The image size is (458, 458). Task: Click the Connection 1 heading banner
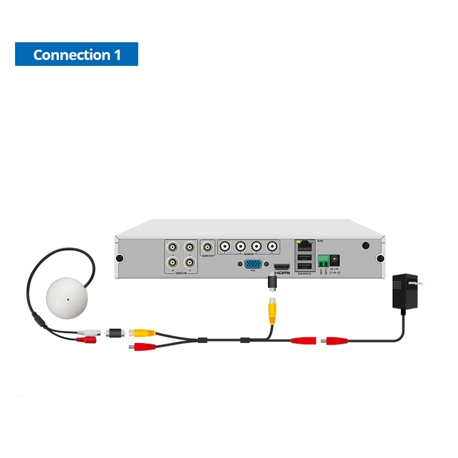tap(76, 54)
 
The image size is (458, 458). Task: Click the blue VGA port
tap(253, 264)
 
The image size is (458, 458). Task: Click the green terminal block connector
tap(324, 261)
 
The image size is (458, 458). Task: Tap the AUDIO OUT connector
tap(207, 247)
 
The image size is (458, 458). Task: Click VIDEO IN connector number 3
tap(172, 248)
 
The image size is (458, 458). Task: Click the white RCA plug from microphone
tap(90, 332)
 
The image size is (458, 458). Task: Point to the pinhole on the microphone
tap(67, 298)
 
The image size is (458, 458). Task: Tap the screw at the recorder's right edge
tap(379, 258)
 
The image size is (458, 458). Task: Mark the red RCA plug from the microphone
tap(87, 340)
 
